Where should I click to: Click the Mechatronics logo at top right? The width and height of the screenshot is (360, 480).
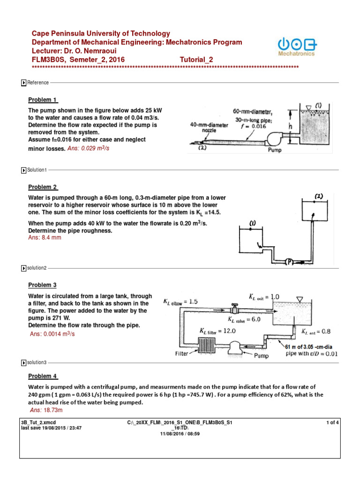click(x=297, y=46)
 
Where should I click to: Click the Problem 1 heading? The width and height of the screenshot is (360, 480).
click(x=43, y=100)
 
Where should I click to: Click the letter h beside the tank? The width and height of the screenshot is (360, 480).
click(x=290, y=127)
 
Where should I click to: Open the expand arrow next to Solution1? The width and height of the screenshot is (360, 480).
click(x=23, y=170)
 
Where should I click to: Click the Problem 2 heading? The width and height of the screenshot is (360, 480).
click(x=43, y=187)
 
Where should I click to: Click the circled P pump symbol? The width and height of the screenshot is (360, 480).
click(x=289, y=262)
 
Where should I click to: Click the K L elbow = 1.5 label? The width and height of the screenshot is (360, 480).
click(x=181, y=301)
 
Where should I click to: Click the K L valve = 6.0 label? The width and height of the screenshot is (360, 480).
click(x=244, y=319)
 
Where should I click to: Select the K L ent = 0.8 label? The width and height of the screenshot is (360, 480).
click(x=315, y=331)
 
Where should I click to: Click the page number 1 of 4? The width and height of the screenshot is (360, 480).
click(x=332, y=423)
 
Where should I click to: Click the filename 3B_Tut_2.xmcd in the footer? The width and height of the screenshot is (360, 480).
click(x=37, y=423)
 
